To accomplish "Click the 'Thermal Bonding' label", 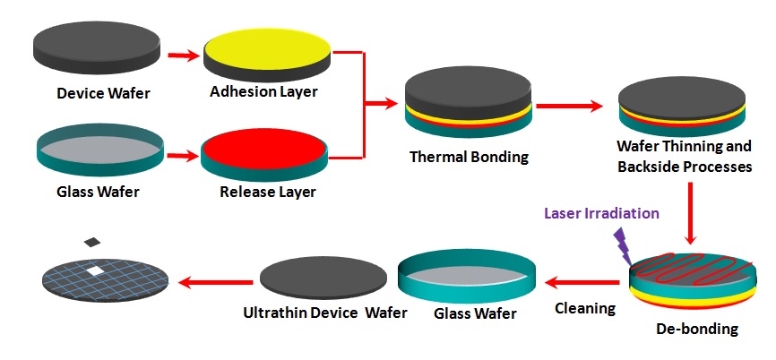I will pos(469,157).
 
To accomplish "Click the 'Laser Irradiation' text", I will pos(601,213).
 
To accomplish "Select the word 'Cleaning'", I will pos(583,308).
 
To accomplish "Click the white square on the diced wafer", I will pos(96,269).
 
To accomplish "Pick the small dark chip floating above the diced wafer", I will pos(91,242).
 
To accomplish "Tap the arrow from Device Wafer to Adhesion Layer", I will pos(183,56).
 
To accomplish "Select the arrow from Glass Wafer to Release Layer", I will pos(183,156).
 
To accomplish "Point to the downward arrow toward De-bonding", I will pos(690,214).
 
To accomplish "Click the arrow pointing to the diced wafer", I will pos(215,283).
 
